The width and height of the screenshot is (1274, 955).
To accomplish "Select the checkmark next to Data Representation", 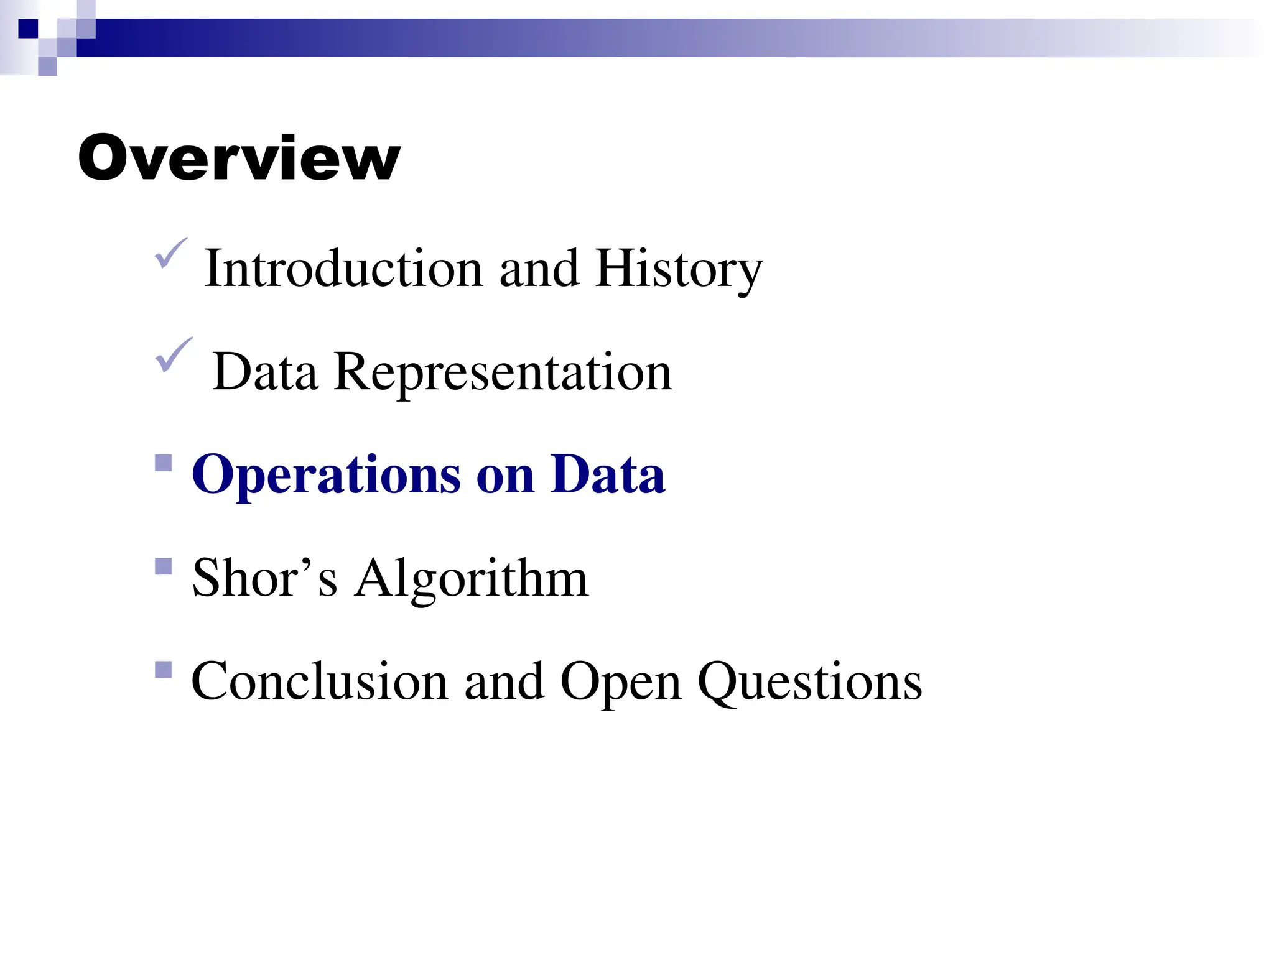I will (173, 355).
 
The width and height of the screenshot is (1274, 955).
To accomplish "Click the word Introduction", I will (343, 268).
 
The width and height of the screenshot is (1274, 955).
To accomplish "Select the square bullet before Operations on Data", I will (164, 463).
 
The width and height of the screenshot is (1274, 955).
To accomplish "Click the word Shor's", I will (265, 578).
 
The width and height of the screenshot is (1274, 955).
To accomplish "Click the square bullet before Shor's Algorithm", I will (164, 566).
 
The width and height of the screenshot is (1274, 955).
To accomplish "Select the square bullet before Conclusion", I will (164, 670).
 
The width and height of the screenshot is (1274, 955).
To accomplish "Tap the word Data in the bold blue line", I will (608, 475).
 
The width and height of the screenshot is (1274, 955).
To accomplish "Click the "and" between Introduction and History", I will (539, 269).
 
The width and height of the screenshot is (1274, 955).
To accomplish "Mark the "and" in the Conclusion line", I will (504, 681).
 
